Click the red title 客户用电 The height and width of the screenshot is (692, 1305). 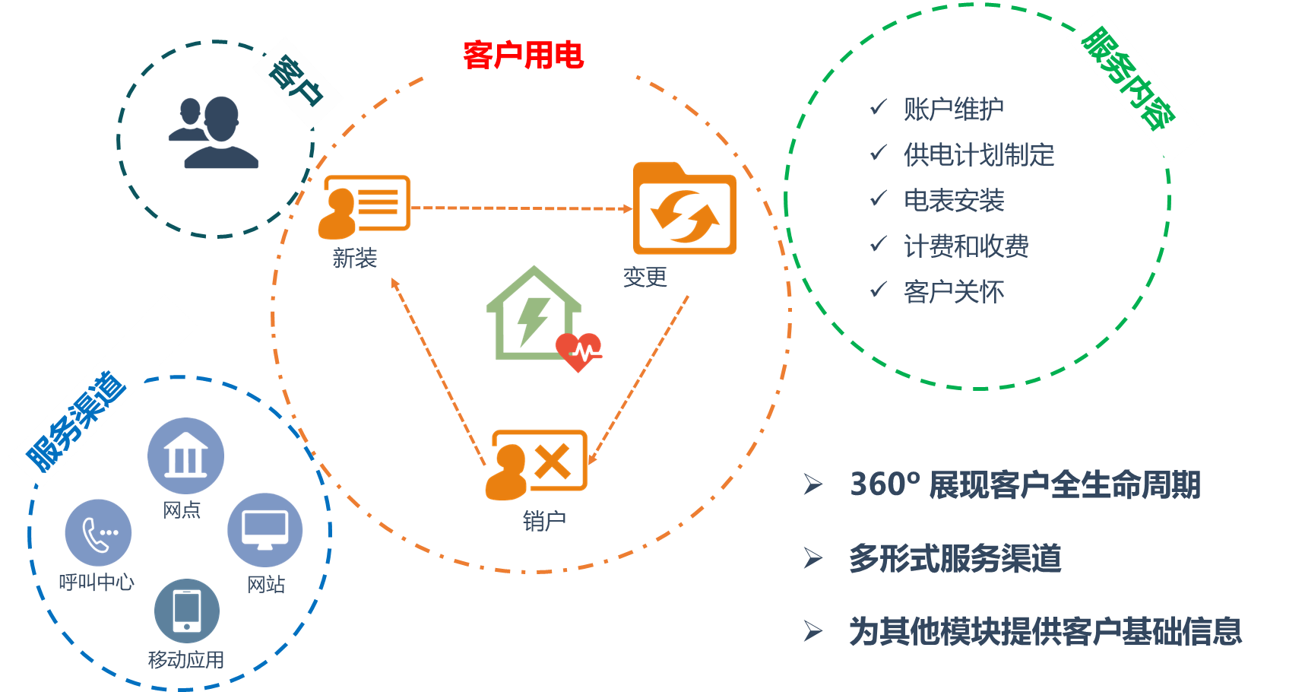(523, 55)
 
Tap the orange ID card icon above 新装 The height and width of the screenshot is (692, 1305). (364, 205)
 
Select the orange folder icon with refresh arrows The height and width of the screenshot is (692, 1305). (685, 209)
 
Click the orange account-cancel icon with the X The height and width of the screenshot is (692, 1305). (537, 464)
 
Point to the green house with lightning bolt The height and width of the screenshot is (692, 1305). (533, 313)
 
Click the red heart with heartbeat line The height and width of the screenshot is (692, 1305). (579, 351)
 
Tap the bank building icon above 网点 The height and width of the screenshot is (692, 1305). (185, 456)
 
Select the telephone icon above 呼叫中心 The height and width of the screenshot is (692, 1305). (98, 532)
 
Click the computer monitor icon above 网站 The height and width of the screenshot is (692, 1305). (264, 529)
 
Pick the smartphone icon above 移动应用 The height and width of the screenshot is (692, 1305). (187, 611)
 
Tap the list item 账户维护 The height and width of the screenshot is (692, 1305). (953, 110)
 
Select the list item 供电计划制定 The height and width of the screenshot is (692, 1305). (979, 155)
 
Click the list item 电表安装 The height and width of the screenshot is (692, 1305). (953, 201)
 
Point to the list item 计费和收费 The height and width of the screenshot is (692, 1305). (966, 246)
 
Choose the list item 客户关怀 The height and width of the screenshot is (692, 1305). (953, 292)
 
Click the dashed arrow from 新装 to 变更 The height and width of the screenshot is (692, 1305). (521, 208)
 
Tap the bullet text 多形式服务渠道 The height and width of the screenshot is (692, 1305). (955, 559)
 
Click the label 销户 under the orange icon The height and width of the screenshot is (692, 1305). (544, 521)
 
